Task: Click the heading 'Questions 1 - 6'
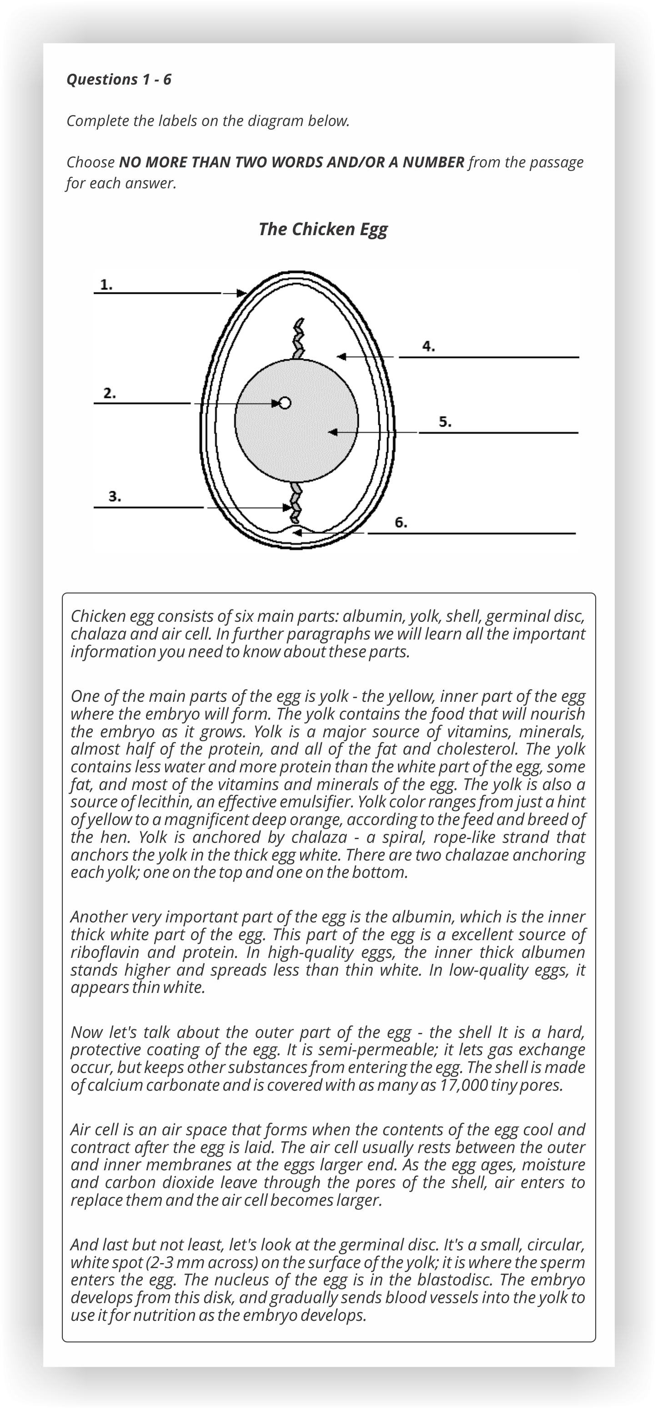point(119,80)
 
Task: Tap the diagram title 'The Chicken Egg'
point(322,229)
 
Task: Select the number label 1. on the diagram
point(107,284)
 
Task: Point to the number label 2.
point(110,393)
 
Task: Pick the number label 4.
point(429,346)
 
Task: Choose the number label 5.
point(445,422)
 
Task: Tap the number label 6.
point(401,522)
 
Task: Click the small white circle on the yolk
point(284,403)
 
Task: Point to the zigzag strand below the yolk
point(296,501)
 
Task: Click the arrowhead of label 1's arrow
point(242,293)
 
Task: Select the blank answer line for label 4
point(488,358)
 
